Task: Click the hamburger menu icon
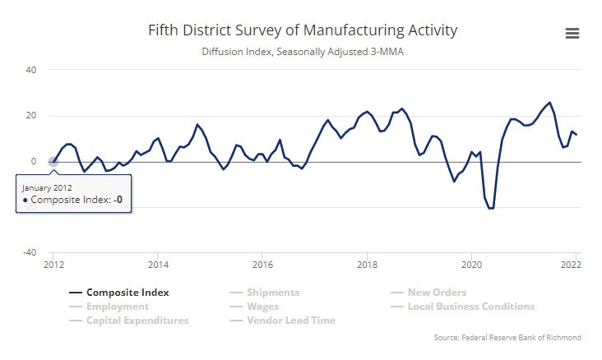pos(572,33)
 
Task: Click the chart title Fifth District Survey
pos(303,30)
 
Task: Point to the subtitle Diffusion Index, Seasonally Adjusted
pos(303,51)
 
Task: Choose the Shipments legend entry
pos(273,292)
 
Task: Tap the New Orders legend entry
pos(436,292)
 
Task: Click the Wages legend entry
pos(263,306)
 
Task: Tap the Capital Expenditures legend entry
pos(137,320)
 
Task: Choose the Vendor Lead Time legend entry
pos(291,320)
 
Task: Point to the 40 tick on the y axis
pos(31,70)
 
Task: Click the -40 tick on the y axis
pos(30,252)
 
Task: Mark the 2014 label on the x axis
pos(159,265)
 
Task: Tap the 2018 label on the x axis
pos(368,265)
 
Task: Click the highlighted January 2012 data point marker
pos(53,162)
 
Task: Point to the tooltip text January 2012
pos(45,187)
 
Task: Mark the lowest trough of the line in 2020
pos(491,208)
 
